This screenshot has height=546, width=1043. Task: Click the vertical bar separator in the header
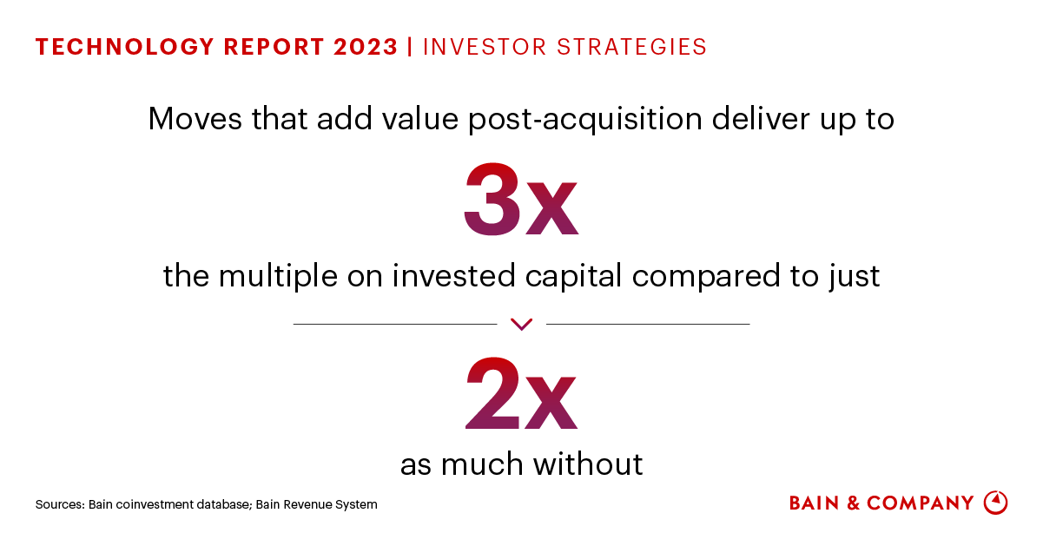coord(410,47)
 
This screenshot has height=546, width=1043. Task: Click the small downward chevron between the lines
coord(521,325)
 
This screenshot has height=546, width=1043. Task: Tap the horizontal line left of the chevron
coord(395,324)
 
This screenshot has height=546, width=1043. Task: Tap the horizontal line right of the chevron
coord(647,324)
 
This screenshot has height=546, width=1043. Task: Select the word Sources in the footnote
coord(59,504)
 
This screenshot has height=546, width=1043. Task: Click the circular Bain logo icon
coord(995,503)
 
